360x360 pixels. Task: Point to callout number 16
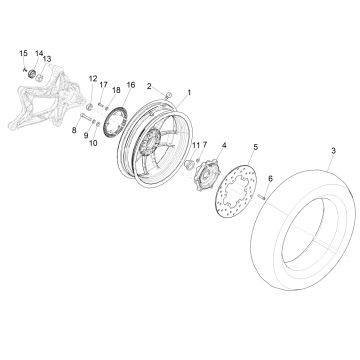click(130, 86)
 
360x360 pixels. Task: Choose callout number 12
click(91, 78)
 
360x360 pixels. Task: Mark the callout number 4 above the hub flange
click(222, 147)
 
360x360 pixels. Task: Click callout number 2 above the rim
click(149, 87)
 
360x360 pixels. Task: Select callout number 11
click(195, 146)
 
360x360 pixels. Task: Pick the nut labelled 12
click(91, 104)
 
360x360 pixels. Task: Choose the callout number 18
click(116, 90)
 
